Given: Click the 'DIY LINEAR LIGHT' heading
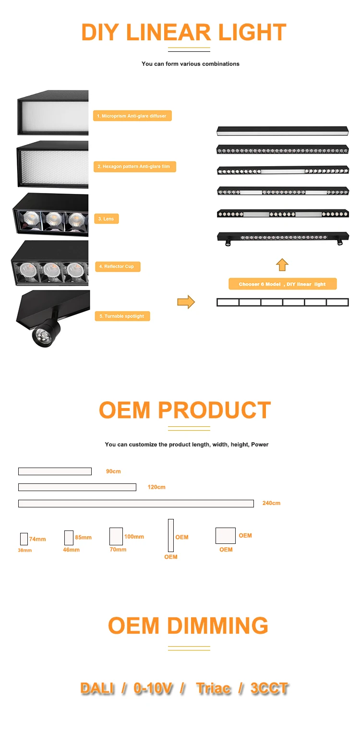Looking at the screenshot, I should (184, 32).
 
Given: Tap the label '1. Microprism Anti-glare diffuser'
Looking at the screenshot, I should (132, 116).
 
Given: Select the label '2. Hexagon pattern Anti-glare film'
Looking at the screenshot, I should (134, 167).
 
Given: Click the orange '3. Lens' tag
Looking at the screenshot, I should (106, 219).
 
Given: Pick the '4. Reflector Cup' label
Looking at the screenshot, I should (117, 266).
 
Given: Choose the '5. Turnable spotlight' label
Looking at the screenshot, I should (122, 316).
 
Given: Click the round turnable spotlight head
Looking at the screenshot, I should (43, 336).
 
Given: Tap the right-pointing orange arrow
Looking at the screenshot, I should (186, 302).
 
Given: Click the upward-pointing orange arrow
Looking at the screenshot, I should (282, 265).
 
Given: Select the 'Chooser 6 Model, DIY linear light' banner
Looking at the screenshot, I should (282, 284).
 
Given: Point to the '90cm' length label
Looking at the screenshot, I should (113, 471).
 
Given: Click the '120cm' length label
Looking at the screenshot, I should (156, 487).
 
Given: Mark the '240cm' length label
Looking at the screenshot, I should (271, 503).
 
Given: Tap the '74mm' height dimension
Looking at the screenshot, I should (37, 539).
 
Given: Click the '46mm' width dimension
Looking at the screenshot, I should (71, 550).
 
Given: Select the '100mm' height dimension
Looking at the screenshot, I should (134, 537).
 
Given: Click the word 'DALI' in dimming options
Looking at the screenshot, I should (97, 688).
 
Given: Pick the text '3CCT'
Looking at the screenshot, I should (269, 688).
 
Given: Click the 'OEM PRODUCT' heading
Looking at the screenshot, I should (185, 410).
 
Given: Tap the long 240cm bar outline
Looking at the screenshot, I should (136, 504).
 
